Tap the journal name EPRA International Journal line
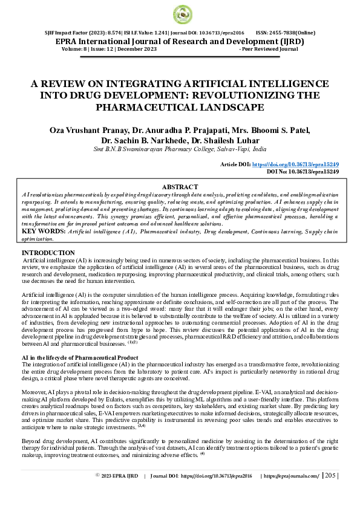click(x=180, y=41)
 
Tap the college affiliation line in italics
click(x=180, y=149)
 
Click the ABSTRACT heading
click(x=180, y=187)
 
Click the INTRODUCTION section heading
click(x=48, y=253)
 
